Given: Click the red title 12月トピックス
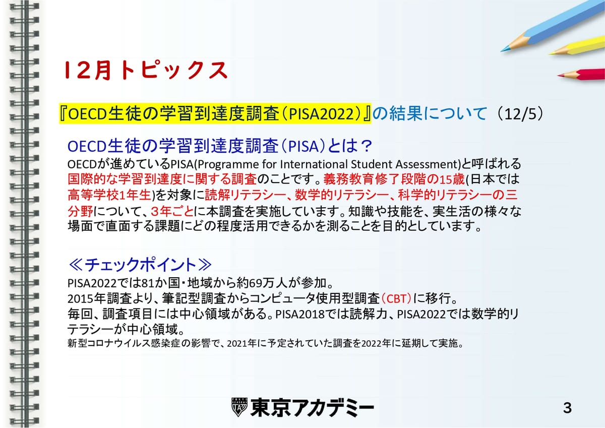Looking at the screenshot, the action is pos(146,70).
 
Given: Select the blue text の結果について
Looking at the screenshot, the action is pos(430,113).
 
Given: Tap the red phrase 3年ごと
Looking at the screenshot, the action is pos(172,211).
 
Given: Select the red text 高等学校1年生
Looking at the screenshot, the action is pos(109,195).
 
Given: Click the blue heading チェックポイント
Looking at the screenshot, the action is pos(140,264).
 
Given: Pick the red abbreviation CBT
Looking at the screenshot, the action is pos(396,298).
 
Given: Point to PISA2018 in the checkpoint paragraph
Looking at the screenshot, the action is pos(300,314).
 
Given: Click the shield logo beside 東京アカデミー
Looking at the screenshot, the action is pos(239,407).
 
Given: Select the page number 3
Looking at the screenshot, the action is pos(568,408).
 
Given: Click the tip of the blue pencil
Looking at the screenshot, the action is pos(502,51).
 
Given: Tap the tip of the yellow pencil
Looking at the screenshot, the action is pos(550,54).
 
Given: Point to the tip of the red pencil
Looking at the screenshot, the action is pos(559,76).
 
